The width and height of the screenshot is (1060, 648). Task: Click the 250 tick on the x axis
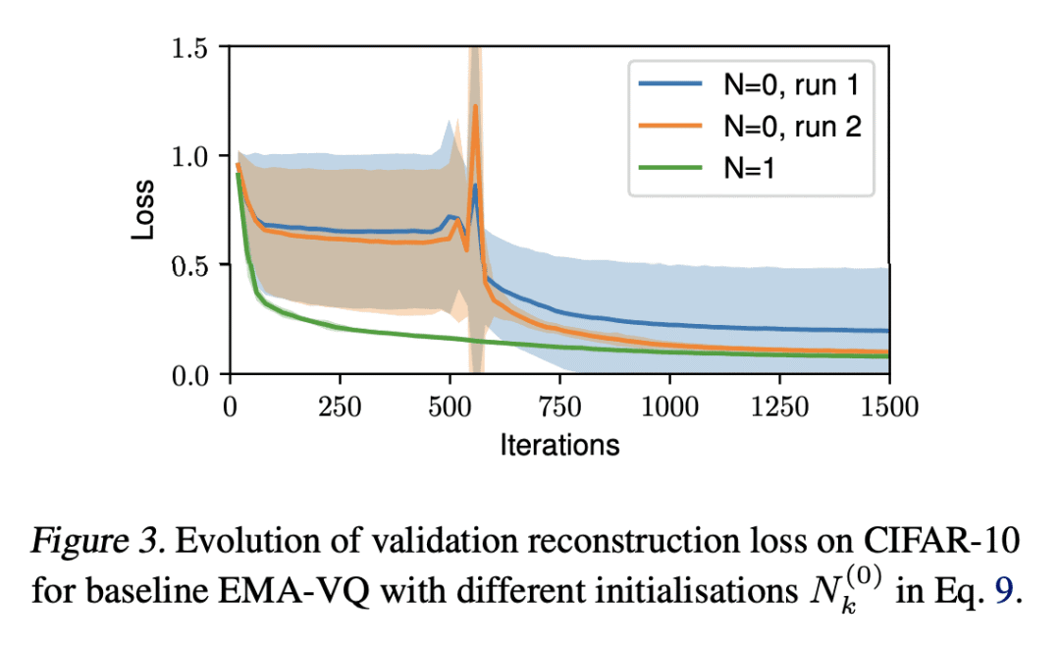[340, 405]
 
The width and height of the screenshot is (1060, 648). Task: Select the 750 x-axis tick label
[559, 405]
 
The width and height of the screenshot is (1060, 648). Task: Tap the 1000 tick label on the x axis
[669, 405]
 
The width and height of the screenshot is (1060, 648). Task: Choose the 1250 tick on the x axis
[779, 405]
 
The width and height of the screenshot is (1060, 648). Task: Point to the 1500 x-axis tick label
[889, 405]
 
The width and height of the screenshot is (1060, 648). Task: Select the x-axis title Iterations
[559, 445]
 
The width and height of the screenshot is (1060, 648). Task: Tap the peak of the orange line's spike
[475, 106]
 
